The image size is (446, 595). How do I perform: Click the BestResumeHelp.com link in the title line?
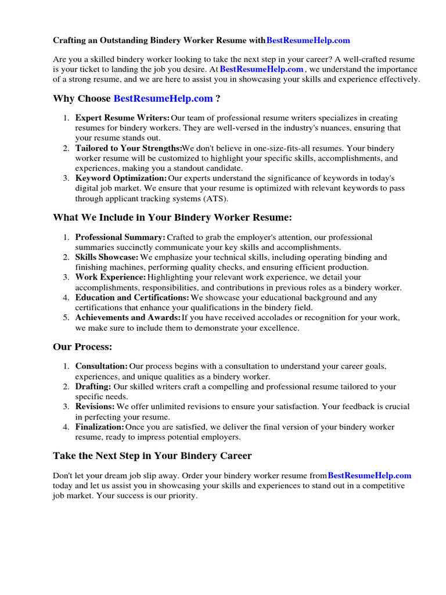click(308, 41)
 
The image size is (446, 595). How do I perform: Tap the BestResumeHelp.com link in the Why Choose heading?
click(163, 99)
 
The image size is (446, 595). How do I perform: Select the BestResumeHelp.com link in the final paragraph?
click(369, 475)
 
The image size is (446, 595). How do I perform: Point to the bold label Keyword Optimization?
click(121, 178)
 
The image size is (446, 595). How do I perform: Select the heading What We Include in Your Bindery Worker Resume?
click(172, 217)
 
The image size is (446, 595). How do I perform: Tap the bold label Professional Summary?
click(120, 237)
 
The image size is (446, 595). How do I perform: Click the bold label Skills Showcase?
click(107, 257)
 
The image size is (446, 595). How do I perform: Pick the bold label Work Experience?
click(110, 277)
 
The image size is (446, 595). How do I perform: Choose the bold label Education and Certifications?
click(132, 297)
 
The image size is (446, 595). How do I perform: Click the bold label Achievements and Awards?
click(128, 318)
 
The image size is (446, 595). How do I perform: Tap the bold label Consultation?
click(102, 367)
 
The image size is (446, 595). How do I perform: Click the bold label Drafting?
click(93, 386)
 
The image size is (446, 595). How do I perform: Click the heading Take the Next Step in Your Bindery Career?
click(152, 456)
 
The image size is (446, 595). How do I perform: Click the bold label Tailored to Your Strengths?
click(128, 148)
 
